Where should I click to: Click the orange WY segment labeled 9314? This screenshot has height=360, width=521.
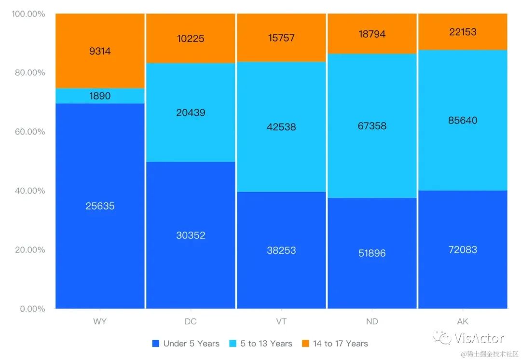pos(100,51)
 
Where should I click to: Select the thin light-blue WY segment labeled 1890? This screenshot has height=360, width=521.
pos(100,96)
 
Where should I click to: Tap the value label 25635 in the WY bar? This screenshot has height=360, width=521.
pos(100,206)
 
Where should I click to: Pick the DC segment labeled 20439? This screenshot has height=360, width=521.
pos(191,112)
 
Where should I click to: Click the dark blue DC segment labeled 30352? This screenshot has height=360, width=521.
pos(191,235)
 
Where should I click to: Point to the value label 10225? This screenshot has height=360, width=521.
pos(191,39)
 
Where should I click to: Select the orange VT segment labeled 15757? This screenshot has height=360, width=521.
pos(281,38)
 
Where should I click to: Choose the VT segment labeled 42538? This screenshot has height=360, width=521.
pos(281,127)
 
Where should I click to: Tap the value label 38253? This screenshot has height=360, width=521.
pos(281,250)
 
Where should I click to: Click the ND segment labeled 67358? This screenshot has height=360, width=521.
pos(372,126)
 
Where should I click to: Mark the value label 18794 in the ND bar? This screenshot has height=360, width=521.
pos(372,34)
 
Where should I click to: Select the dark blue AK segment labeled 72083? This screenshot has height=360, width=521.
pos(463,249)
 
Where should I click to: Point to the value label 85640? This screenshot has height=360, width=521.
pos(463,120)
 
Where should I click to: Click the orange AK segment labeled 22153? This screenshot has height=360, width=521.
pos(463,32)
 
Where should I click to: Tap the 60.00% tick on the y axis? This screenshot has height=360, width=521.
pos(28,132)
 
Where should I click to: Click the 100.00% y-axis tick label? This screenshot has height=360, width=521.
pos(28,14)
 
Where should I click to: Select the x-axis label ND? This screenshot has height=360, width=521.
pos(372,322)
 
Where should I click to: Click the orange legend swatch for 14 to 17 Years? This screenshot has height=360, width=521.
pos(305,344)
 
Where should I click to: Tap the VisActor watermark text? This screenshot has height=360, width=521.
pos(479,338)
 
